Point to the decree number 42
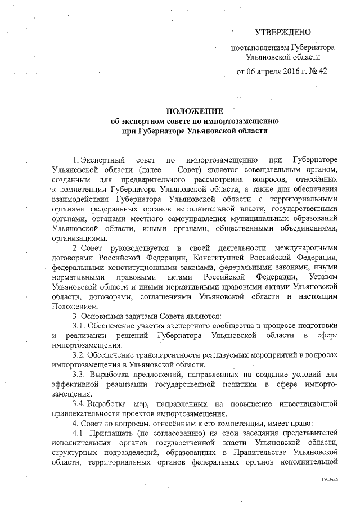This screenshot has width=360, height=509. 322,71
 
